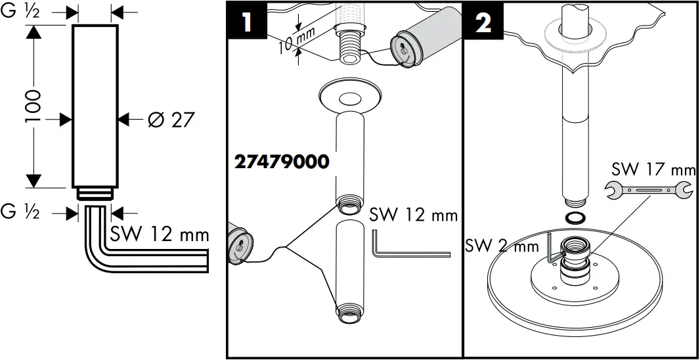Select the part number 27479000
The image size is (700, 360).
click(x=281, y=162)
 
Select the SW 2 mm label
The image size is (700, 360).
click(x=497, y=246)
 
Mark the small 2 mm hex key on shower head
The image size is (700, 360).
click(x=551, y=250)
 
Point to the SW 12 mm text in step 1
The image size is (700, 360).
click(x=412, y=215)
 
